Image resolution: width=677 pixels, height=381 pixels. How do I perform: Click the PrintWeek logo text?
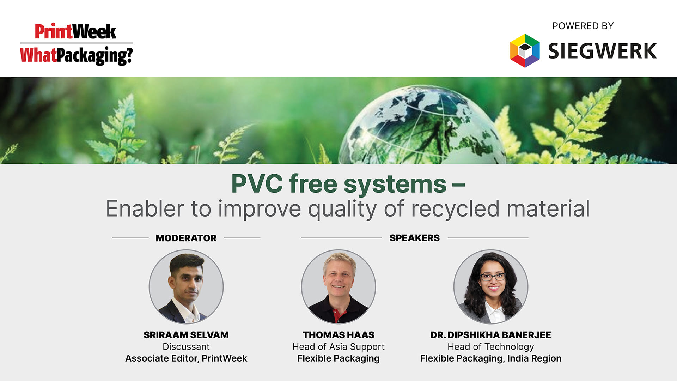pyautogui.click(x=75, y=32)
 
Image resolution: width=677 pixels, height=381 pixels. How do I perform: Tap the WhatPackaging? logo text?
pyautogui.click(x=76, y=55)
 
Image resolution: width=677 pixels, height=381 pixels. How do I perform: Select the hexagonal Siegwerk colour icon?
pyautogui.click(x=525, y=51)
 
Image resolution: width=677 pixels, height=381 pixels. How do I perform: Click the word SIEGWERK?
pyautogui.click(x=602, y=51)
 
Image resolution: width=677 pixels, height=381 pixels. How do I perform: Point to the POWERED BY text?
pyautogui.click(x=583, y=26)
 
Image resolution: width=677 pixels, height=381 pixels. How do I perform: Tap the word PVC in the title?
pyautogui.click(x=257, y=184)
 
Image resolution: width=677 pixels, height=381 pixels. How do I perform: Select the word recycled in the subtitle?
pyautogui.click(x=455, y=208)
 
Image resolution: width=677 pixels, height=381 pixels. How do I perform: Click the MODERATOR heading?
pyautogui.click(x=186, y=238)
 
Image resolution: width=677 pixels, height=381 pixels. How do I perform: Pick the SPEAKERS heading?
pyautogui.click(x=414, y=238)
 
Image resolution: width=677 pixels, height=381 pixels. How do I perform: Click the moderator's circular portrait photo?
pyautogui.click(x=186, y=286)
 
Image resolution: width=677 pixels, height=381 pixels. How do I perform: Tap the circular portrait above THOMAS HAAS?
pyautogui.click(x=338, y=286)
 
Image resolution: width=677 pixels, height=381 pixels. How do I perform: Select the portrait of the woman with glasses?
pyautogui.click(x=490, y=286)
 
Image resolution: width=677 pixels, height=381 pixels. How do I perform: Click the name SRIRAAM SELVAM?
pyautogui.click(x=186, y=335)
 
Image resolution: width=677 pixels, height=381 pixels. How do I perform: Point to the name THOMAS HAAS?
pyautogui.click(x=338, y=335)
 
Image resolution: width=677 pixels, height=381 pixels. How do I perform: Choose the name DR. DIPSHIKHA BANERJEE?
pyautogui.click(x=490, y=335)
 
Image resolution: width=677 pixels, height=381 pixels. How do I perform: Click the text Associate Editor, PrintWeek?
pyautogui.click(x=186, y=358)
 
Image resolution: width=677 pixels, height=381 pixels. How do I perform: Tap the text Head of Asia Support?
pyautogui.click(x=338, y=347)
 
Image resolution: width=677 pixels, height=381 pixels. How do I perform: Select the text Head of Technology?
pyautogui.click(x=490, y=347)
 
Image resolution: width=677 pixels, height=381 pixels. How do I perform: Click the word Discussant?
pyautogui.click(x=186, y=347)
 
